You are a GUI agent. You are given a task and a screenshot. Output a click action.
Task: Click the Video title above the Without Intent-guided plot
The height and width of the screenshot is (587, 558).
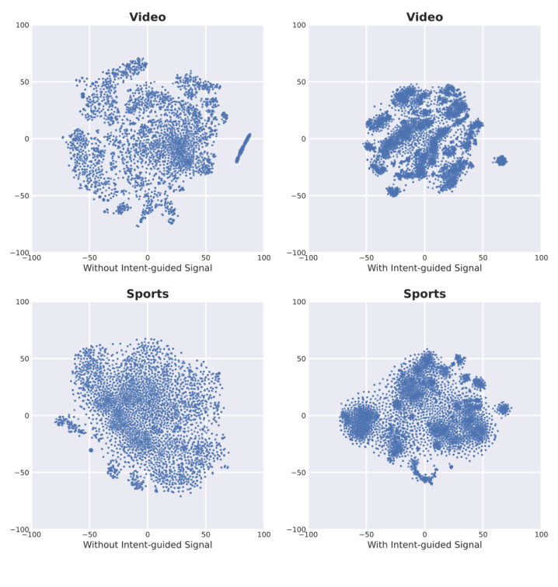148,17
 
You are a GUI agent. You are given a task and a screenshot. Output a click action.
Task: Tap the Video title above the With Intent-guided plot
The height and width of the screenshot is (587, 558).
424,17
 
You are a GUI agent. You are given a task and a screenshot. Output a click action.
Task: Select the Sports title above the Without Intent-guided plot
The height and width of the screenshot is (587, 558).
148,294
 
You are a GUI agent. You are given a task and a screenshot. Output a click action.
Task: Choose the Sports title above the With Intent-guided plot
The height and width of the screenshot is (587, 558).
424,294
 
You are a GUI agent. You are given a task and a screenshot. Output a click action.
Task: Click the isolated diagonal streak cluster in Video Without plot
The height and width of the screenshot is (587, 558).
243,147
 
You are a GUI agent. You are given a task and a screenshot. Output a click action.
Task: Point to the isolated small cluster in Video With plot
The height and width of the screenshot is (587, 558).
501,160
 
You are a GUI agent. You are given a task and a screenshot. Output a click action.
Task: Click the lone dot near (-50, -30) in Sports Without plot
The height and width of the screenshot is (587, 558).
90,450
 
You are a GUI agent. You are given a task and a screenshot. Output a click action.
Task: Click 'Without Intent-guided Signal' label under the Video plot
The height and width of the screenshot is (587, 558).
148,268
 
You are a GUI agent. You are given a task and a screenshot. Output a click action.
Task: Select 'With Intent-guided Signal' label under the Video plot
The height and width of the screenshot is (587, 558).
424,268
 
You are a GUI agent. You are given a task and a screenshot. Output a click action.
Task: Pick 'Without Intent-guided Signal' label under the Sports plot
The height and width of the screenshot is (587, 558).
148,545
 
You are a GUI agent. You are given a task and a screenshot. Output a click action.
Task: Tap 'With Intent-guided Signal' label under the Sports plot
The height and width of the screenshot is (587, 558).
424,545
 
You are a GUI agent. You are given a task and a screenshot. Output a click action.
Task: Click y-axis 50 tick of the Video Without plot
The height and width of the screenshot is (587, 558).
23,82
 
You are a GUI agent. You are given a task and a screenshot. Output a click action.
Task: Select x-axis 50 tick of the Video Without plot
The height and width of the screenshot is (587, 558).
205,257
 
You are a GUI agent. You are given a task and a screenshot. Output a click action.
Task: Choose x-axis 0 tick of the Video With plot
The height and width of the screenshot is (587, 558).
424,257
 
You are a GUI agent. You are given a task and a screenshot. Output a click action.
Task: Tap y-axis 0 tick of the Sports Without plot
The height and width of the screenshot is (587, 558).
26,416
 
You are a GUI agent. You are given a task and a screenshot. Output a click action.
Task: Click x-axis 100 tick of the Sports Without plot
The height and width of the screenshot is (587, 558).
263,534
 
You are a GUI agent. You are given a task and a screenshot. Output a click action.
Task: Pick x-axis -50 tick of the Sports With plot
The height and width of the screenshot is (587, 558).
365,534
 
